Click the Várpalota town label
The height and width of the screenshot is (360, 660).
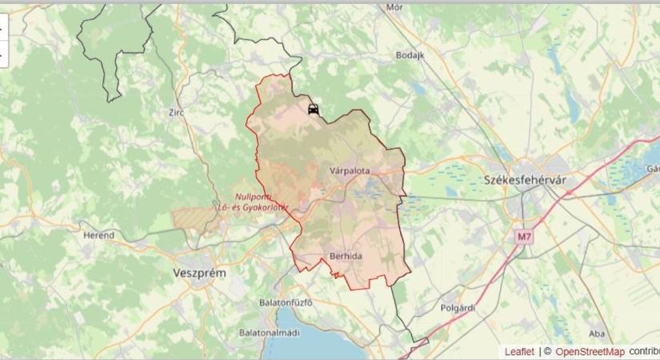coord(350,170)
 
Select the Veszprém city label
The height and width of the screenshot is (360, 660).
coord(199,273)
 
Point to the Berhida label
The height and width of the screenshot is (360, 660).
coord(346,257)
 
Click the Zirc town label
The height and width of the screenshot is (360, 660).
coord(177,113)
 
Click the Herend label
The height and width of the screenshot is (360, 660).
coord(99,235)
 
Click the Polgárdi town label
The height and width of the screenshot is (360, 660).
coord(458,307)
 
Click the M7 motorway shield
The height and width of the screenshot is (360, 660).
coord(524,237)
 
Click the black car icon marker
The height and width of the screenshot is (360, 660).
coord(314,110)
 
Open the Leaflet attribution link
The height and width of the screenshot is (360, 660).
coord(519,351)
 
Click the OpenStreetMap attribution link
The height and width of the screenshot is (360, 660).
coord(590,351)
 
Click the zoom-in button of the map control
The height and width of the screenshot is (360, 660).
coord(2,26)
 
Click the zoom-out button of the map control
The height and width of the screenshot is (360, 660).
coord(2,54)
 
